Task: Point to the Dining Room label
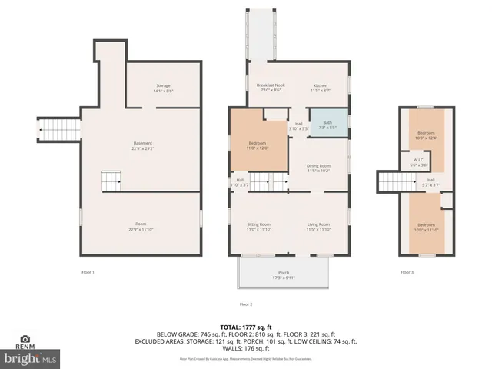318,168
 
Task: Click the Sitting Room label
258,226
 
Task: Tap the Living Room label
317,226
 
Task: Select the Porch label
284,274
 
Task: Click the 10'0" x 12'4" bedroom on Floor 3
426,135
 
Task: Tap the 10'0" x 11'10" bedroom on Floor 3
426,227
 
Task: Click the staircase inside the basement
112,182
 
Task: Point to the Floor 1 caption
88,272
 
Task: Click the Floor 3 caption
406,272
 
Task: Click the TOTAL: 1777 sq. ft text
246,326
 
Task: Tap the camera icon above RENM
25,338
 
